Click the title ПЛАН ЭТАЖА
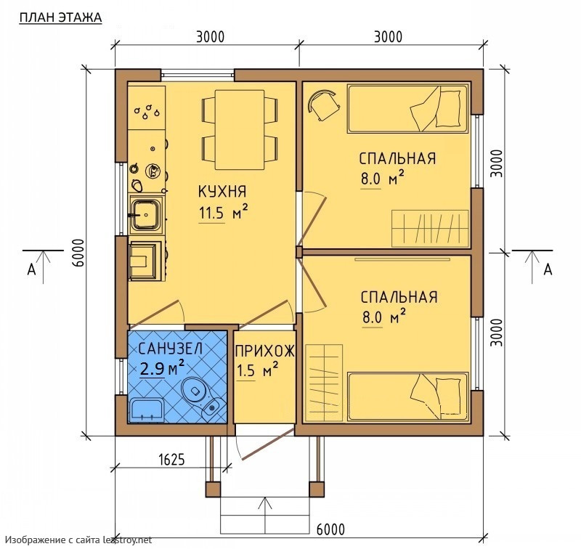click(60, 17)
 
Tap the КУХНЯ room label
click(222, 192)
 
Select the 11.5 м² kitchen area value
click(224, 213)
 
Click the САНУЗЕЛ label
click(171, 349)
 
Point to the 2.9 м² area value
click(162, 369)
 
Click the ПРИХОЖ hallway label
click(264, 351)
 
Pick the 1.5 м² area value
click(257, 370)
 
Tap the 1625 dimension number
click(171, 460)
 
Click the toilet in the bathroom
click(203, 397)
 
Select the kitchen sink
click(146, 215)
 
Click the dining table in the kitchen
click(240, 129)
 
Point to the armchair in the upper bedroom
click(323, 105)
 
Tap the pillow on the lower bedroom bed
click(450, 396)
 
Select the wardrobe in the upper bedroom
click(430, 229)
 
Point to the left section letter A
click(31, 269)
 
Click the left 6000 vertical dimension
click(78, 253)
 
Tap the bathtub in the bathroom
click(147, 410)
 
